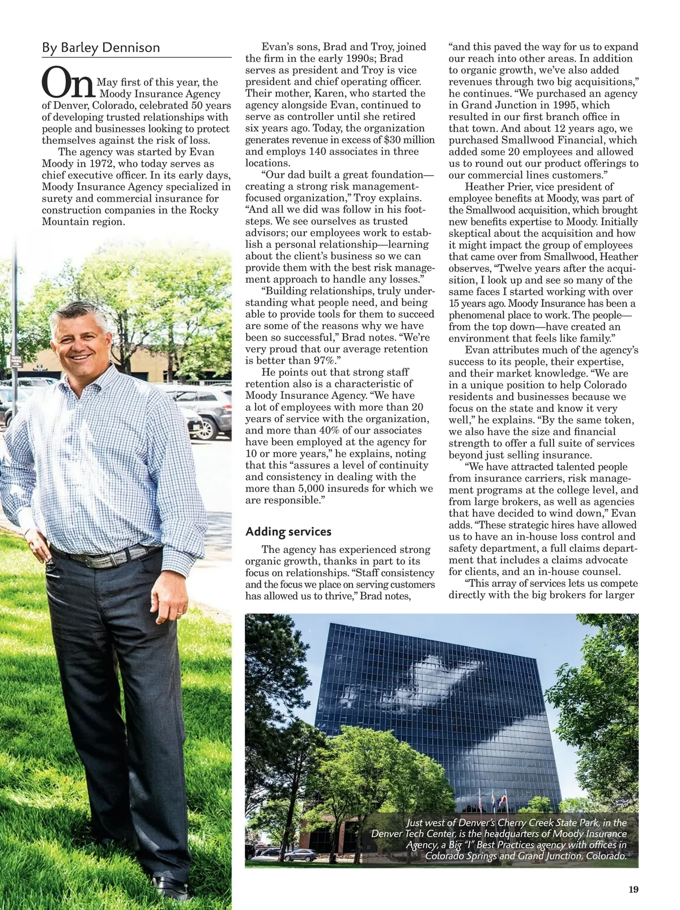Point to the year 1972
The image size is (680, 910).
pos(93,164)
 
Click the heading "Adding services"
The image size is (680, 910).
pos(288,531)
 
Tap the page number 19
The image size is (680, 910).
pos(633,890)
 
